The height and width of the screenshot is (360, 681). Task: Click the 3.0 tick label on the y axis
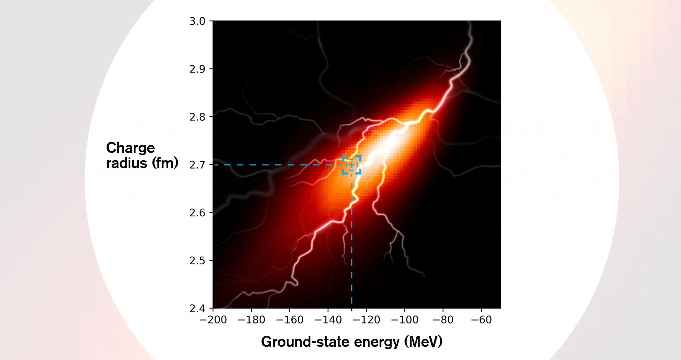tap(197, 21)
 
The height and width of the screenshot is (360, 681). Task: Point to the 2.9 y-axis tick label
tap(197, 69)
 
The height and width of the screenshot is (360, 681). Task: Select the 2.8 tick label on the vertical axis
tap(197, 117)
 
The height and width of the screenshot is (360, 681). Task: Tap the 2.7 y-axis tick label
tap(197, 165)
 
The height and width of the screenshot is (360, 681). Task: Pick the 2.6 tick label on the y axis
tap(197, 213)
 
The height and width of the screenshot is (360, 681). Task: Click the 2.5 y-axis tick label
tap(197, 261)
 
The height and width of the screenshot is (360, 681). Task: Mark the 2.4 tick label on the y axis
tap(197, 309)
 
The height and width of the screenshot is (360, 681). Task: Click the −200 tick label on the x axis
tap(213, 320)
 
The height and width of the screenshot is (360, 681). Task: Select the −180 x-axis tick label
tap(251, 320)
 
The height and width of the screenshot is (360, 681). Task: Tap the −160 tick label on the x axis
tap(290, 320)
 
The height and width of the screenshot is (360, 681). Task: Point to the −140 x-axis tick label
tap(328, 320)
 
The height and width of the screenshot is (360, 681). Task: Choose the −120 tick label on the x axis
tap(366, 320)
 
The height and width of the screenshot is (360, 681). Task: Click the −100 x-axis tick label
tap(405, 320)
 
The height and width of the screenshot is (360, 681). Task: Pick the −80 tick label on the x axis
tap(443, 320)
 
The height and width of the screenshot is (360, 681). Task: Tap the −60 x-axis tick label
tap(481, 320)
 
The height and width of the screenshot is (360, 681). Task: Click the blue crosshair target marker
tap(352, 165)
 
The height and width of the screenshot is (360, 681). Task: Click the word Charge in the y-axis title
tap(130, 148)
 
